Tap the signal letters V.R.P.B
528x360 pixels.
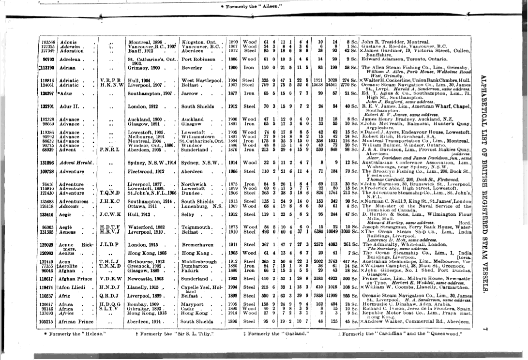[110, 80]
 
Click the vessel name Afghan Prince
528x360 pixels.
[75, 279]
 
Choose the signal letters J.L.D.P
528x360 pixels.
[110, 245]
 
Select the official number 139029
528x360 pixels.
[47, 245]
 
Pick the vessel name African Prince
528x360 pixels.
[76, 321]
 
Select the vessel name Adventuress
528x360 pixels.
[75, 201]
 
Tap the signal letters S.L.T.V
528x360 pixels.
[110, 308]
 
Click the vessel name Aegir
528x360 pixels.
[66, 214]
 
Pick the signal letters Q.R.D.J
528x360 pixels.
[110, 295]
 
